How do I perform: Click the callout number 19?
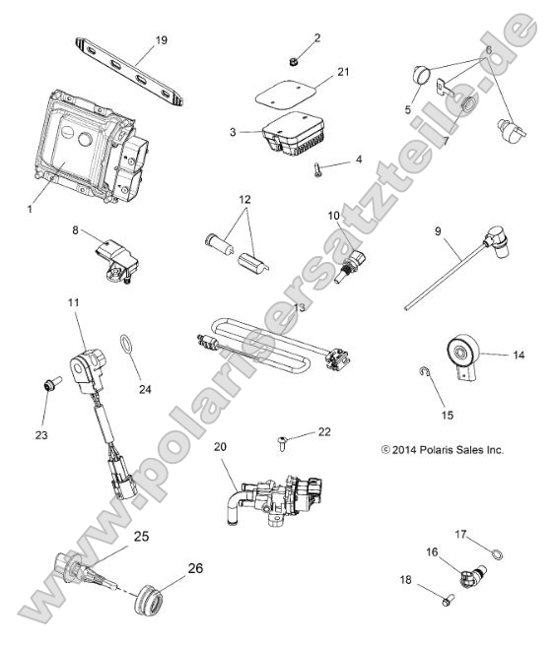(x=161, y=40)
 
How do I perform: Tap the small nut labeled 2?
(x=294, y=60)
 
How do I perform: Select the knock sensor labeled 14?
(x=462, y=351)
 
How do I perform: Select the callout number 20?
(x=220, y=445)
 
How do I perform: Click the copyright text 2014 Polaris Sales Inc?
(x=442, y=449)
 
